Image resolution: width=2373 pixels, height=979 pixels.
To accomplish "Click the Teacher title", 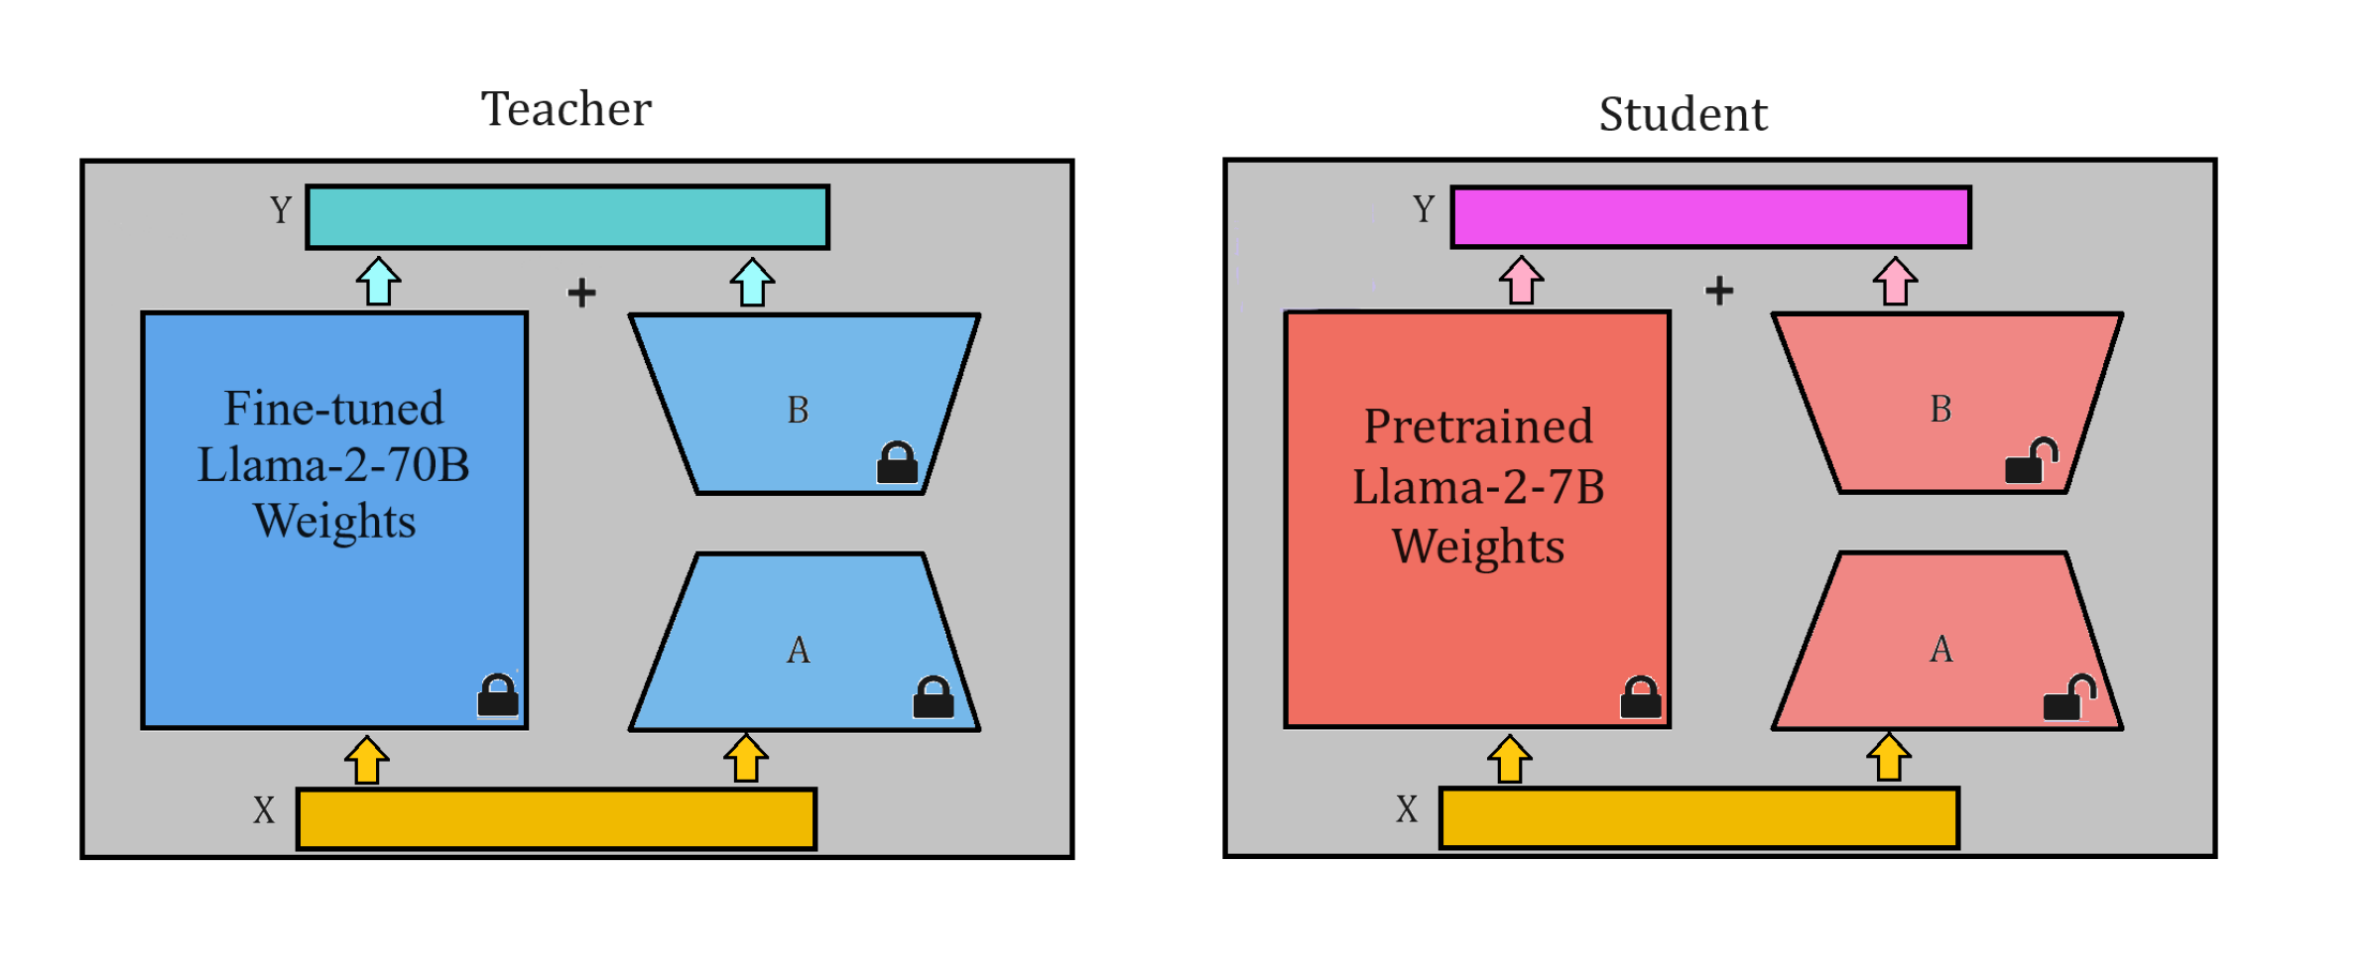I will (565, 108).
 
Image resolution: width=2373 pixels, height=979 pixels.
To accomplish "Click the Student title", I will (1683, 114).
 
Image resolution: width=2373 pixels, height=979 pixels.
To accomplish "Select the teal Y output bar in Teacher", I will (567, 216).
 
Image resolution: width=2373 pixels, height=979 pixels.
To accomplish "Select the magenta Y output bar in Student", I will (1710, 216).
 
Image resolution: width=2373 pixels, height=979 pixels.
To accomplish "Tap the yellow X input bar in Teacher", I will (557, 818).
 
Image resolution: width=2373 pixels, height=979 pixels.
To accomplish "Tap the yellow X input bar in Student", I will (1698, 817).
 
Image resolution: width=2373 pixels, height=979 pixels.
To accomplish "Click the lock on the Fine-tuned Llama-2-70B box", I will (498, 695).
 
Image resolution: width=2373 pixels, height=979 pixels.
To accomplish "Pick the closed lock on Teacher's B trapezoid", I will (897, 463).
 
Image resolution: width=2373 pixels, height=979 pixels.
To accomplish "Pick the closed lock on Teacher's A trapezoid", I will (933, 697).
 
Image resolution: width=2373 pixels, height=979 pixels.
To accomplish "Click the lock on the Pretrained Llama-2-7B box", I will (1640, 697).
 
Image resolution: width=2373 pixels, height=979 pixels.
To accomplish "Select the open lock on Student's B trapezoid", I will (2030, 461).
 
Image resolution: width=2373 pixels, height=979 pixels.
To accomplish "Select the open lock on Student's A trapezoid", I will (2068, 698).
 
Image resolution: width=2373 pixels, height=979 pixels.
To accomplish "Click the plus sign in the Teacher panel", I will (581, 293).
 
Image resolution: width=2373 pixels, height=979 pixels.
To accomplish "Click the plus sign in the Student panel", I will (1719, 291).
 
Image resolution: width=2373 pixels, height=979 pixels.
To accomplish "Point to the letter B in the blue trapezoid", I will (798, 410).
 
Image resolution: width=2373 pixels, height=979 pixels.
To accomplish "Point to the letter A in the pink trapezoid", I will (1940, 650).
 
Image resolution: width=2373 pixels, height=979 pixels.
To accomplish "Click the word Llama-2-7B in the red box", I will (1478, 487).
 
